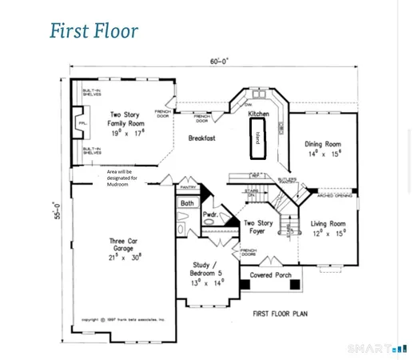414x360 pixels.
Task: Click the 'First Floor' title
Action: tap(94, 31)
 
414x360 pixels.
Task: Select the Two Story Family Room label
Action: tap(125, 124)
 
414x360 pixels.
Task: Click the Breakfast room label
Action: tap(202, 138)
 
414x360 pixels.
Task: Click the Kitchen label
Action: tap(258, 114)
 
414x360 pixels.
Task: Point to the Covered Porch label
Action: tap(270, 274)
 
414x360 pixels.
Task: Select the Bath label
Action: tap(187, 204)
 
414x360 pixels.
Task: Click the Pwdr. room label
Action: tap(210, 215)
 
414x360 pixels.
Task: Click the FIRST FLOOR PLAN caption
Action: tap(281, 314)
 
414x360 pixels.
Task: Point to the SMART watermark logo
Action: tap(377, 349)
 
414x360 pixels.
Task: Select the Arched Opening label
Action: tap(335, 194)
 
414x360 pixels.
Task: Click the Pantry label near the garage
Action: tap(189, 187)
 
